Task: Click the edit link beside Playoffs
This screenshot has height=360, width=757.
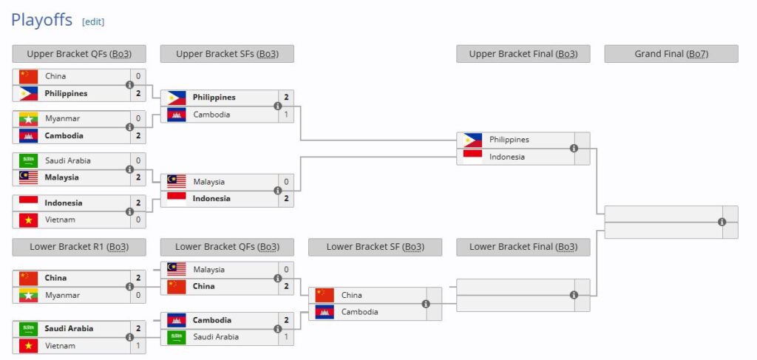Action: pyautogui.click(x=93, y=21)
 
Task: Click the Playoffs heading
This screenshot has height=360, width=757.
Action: pyautogui.click(x=41, y=20)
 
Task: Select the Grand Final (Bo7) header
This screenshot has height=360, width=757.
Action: pyautogui.click(x=671, y=54)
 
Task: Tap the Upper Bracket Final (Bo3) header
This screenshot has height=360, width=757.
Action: pyautogui.click(x=523, y=54)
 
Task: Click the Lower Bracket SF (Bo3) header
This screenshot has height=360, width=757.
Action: pyautogui.click(x=375, y=247)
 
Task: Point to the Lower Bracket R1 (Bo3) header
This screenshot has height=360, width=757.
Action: pyautogui.click(x=78, y=247)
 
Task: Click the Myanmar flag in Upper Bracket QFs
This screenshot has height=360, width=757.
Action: pyautogui.click(x=29, y=118)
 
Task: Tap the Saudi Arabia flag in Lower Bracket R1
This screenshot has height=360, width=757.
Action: pyautogui.click(x=29, y=328)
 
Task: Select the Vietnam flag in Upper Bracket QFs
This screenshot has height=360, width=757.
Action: pyautogui.click(x=29, y=220)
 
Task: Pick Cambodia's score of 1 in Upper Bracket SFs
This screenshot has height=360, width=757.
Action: pyautogui.click(x=286, y=115)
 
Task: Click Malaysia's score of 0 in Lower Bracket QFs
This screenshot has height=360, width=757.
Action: pyautogui.click(x=286, y=270)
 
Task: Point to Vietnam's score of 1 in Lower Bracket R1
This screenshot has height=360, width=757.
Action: pyautogui.click(x=138, y=345)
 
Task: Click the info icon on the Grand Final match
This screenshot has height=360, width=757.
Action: pyautogui.click(x=722, y=222)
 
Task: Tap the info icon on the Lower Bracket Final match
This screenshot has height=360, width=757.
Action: pyautogui.click(x=574, y=295)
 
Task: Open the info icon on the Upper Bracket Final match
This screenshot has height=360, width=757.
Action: pyautogui.click(x=574, y=148)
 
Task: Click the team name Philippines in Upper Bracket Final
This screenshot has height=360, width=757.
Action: pyautogui.click(x=509, y=140)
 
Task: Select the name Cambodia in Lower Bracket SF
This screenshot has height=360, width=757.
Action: pyautogui.click(x=359, y=312)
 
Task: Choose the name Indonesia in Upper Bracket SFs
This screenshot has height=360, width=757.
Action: pyautogui.click(x=211, y=198)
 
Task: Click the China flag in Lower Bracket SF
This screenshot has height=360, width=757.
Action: pyautogui.click(x=325, y=295)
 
